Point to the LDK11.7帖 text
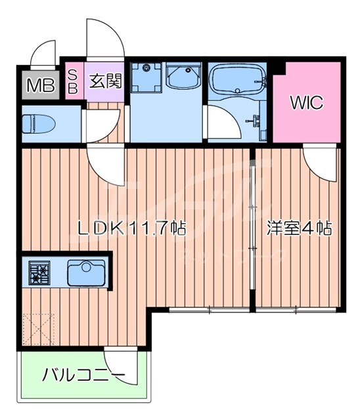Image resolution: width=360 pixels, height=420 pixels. coord(131,229)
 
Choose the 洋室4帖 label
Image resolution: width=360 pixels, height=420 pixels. coord(298,229)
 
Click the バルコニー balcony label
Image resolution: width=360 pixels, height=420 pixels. coord(83,376)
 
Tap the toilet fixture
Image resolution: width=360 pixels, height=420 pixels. coord(36,123)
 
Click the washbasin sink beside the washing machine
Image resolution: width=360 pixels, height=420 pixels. coord(183,77)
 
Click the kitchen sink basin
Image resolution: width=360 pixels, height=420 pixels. coord(85,272)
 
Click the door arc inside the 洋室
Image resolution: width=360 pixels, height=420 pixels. coord(318,161)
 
